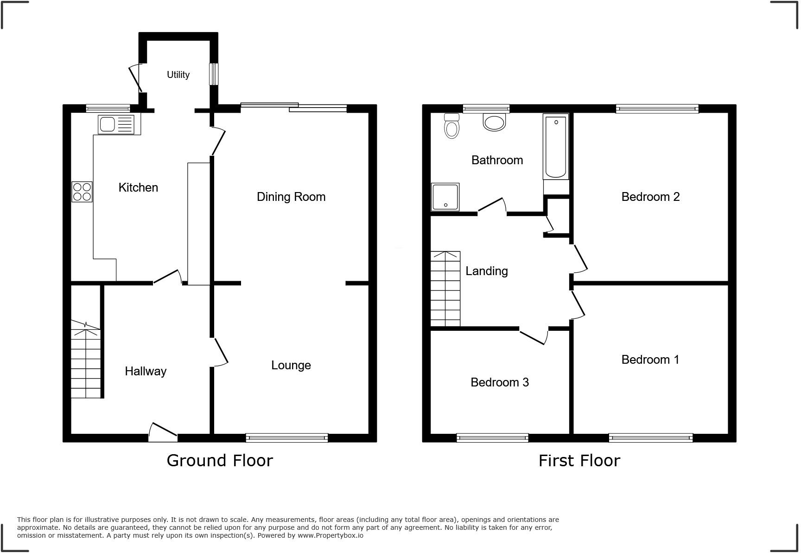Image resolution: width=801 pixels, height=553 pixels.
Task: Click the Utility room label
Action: (x=178, y=75)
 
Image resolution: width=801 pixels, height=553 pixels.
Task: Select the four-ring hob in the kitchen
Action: (x=82, y=192)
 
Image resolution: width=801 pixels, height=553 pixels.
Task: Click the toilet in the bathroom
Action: (x=451, y=127)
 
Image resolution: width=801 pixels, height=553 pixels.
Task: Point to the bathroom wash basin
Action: (x=494, y=122)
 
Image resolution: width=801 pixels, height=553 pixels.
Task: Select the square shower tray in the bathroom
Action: (x=445, y=197)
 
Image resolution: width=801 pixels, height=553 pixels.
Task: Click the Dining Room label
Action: (x=291, y=197)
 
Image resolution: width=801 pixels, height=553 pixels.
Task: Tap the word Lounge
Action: (x=291, y=365)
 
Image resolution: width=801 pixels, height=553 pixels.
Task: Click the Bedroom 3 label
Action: (x=499, y=382)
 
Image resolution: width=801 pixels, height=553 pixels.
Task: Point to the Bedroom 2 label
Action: (x=650, y=197)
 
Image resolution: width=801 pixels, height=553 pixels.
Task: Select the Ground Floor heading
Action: (x=219, y=460)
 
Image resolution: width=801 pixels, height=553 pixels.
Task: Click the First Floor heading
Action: (x=579, y=461)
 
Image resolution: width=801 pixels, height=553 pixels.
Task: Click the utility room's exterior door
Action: (x=135, y=77)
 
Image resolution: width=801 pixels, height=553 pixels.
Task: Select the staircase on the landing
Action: (x=445, y=289)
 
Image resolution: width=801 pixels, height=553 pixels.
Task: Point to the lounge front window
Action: (x=287, y=437)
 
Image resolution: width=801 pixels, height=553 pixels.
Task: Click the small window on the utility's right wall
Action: (x=214, y=74)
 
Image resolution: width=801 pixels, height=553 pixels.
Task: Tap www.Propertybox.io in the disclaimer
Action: (x=331, y=535)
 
